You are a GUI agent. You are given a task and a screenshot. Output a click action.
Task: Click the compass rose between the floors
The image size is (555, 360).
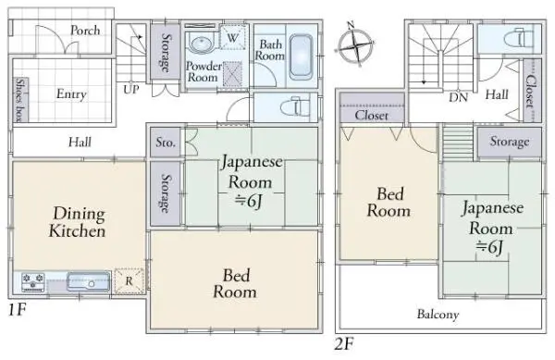coord(354,46)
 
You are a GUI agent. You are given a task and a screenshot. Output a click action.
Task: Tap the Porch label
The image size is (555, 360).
coord(85,31)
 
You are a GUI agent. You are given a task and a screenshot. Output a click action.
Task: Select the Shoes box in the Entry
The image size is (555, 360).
coord(20,100)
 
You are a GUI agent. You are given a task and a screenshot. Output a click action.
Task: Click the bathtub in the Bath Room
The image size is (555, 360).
coord(301,57)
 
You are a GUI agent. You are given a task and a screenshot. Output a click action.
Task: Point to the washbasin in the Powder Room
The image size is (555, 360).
coord(201,43)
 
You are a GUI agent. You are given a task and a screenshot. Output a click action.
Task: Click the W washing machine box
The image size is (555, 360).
coord(232,37)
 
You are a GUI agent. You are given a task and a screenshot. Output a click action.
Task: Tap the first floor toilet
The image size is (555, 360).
coord(295,107)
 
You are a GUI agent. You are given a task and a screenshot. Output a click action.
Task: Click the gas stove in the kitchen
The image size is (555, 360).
coord(33,282)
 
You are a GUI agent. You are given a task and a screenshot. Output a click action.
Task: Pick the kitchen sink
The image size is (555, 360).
coord(89,282)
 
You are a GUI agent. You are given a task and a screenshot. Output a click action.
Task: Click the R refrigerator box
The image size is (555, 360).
coord(129,281)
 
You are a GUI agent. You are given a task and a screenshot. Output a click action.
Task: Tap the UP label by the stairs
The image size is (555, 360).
coord(131,90)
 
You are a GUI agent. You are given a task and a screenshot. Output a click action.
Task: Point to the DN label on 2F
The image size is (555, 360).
coord(459,97)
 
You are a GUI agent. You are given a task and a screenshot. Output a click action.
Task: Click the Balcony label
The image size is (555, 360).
coord(438,315)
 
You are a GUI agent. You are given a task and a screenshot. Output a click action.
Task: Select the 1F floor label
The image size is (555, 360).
coord(17,310)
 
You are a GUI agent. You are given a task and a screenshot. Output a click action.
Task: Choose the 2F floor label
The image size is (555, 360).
coord(344,343)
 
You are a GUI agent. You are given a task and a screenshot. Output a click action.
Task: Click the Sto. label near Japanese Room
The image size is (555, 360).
coord(166,143)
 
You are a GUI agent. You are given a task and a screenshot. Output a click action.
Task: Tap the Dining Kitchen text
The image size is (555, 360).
coord(78,222)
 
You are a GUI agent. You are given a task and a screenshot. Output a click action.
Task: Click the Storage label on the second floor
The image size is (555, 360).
coord(510,142)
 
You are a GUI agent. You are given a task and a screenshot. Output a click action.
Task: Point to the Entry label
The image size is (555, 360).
coord(71,94)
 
